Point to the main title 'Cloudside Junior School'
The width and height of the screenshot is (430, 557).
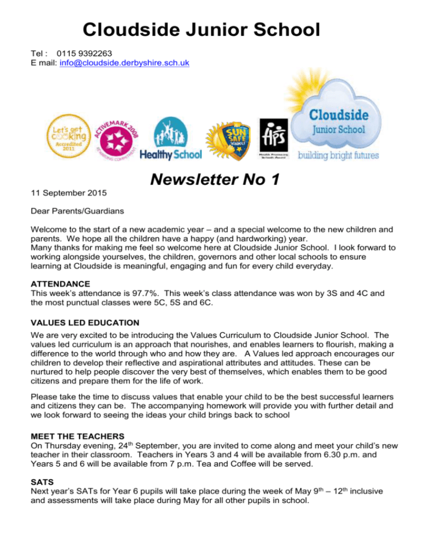pyautogui.click(x=201, y=29)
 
